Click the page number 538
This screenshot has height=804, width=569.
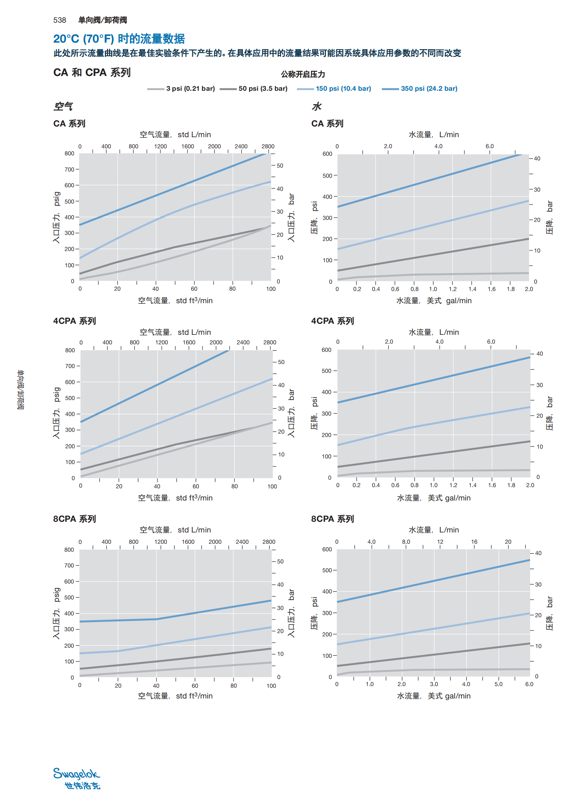tap(60, 20)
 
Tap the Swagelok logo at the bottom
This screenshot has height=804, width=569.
tap(77, 778)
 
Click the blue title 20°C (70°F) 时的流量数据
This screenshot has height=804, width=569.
tap(119, 38)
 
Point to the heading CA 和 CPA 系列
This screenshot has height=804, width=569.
tap(92, 73)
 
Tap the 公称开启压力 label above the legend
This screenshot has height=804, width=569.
tap(303, 74)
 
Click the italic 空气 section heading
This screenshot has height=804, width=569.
tap(63, 106)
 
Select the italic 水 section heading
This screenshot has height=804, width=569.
tap(317, 106)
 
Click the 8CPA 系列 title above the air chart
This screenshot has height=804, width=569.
tap(74, 519)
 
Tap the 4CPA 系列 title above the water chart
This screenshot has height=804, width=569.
tap(333, 321)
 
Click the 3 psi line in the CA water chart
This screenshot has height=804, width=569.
tap(455, 274)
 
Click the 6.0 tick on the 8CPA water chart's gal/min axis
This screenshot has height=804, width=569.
tap(529, 684)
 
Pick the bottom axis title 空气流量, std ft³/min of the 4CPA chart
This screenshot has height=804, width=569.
tap(175, 498)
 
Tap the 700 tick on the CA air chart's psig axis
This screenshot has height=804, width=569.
tap(69, 169)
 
